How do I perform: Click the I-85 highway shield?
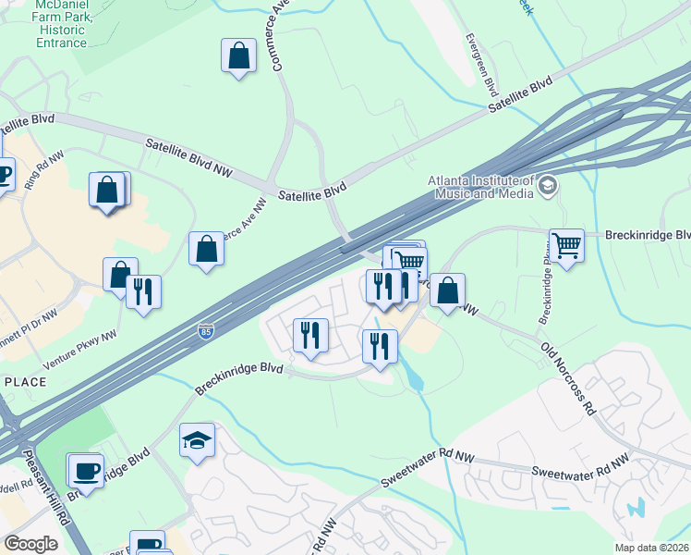pos(204,331)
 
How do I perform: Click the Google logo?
pos(30,543)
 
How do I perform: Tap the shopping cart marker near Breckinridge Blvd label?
pos(566,246)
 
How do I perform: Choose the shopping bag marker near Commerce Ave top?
pos(238,55)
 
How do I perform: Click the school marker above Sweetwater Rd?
pos(197,440)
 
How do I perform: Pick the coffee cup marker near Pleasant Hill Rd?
pos(86,470)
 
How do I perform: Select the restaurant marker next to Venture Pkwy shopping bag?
pos(143,291)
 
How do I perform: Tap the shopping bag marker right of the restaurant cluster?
pos(447,290)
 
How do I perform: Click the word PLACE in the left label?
pos(25,382)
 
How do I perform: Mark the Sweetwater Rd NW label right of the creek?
pos(579,465)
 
